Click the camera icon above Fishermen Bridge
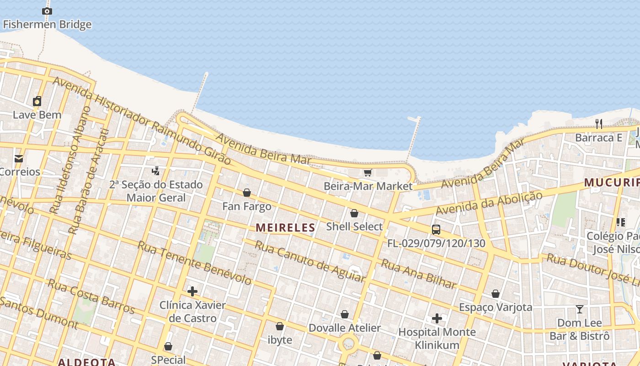47,11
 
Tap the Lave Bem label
37,115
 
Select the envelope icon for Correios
19,159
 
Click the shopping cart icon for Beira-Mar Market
368,173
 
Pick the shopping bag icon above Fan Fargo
247,193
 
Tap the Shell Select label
354,227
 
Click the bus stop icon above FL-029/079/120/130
436,230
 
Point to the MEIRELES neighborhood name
286,228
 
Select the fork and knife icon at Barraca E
599,124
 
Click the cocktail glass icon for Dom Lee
580,309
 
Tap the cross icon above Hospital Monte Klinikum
437,318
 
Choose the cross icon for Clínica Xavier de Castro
192,291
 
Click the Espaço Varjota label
496,307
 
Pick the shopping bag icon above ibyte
280,327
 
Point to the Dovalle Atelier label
345,328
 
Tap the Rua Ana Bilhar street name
419,274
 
